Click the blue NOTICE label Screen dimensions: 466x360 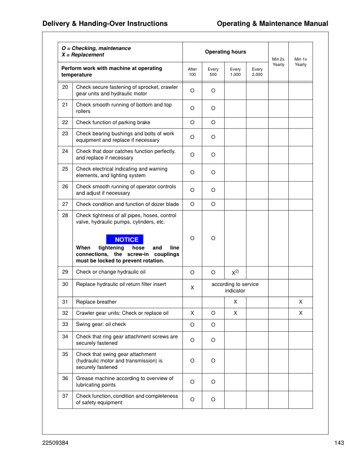pos(126,239)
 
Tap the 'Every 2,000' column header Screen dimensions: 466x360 pos(257,72)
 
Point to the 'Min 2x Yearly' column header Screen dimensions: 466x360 pos(279,62)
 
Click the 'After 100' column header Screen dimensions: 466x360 pos(192,72)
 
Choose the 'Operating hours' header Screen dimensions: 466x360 pos(225,52)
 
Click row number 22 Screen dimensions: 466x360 pos(65,122)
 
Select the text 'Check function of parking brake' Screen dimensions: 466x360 pos(113,122)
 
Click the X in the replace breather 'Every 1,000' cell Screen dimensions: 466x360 pos(235,301)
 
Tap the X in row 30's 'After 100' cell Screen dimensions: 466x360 pos(192,287)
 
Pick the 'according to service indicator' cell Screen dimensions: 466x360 pos(235,287)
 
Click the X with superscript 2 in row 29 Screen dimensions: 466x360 pos(234,272)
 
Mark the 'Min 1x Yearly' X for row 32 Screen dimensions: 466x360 pos(301,312)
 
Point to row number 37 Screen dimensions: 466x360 pos(65,396)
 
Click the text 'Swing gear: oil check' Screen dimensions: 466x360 pos(101,324)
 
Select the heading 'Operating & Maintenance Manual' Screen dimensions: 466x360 pos(272,24)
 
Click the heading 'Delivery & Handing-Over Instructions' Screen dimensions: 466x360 pos(105,24)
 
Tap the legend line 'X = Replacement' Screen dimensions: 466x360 pos(82,55)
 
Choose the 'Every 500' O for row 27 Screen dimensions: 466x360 pos(214,204)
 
